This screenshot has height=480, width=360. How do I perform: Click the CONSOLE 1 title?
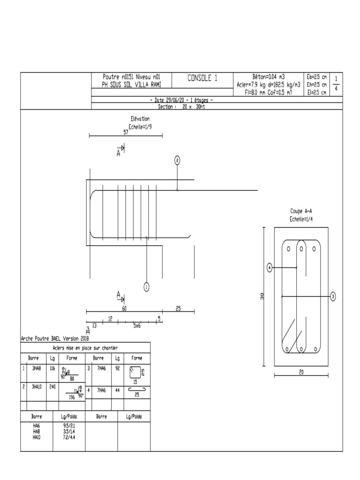tap(202, 79)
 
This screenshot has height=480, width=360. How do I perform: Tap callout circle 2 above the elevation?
tap(177, 161)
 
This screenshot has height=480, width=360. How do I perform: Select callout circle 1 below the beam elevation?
tap(146, 287)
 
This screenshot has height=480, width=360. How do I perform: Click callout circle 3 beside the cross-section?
tap(333, 296)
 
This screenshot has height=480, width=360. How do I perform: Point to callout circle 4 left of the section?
tap(270, 268)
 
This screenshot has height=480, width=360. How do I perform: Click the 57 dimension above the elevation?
tap(126, 133)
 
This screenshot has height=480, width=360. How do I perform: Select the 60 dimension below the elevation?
tap(124, 309)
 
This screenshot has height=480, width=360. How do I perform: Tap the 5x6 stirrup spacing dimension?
tap(137, 325)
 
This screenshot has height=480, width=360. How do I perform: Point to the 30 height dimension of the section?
tap(262, 296)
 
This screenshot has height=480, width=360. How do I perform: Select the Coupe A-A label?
tap(301, 211)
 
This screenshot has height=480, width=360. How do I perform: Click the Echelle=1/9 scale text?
tap(140, 126)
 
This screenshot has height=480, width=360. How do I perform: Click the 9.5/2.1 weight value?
tap(69, 426)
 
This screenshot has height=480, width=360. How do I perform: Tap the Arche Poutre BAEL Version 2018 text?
tap(55, 338)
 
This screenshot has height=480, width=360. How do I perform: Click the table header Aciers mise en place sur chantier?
tap(85, 348)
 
